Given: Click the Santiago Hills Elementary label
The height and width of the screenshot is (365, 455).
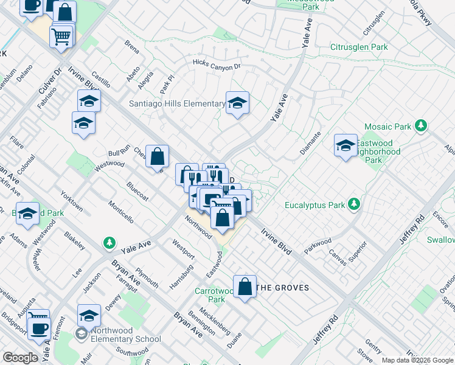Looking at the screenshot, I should pyautogui.click(x=177, y=104).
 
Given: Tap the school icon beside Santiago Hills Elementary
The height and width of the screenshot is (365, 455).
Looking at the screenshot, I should pyautogui.click(x=237, y=102).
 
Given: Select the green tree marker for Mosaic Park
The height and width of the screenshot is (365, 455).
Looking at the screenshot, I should pyautogui.click(x=420, y=126).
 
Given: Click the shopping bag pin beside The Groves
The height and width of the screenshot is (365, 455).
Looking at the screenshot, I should pyautogui.click(x=245, y=287).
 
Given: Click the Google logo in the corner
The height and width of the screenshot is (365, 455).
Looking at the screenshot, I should pyautogui.click(x=20, y=358).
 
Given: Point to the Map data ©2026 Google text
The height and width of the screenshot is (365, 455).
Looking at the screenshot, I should pyautogui.click(x=417, y=360).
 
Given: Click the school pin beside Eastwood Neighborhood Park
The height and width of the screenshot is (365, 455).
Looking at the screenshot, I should pyautogui.click(x=346, y=146).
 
